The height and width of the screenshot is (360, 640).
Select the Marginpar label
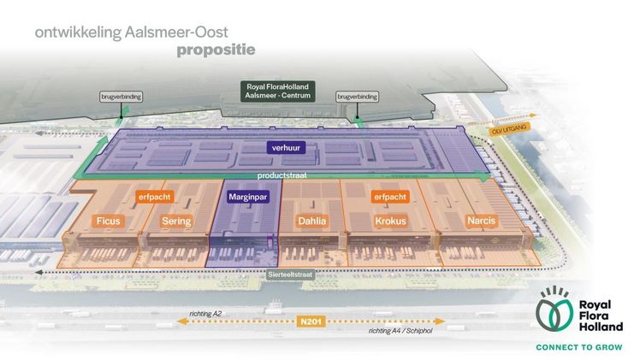[x=249, y=197]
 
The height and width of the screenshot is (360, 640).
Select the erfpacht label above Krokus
[x=389, y=197]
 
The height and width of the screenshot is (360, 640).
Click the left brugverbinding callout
[x=119, y=97]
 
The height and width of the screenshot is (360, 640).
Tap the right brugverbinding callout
[x=357, y=97]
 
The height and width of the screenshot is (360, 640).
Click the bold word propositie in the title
[x=216, y=50]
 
